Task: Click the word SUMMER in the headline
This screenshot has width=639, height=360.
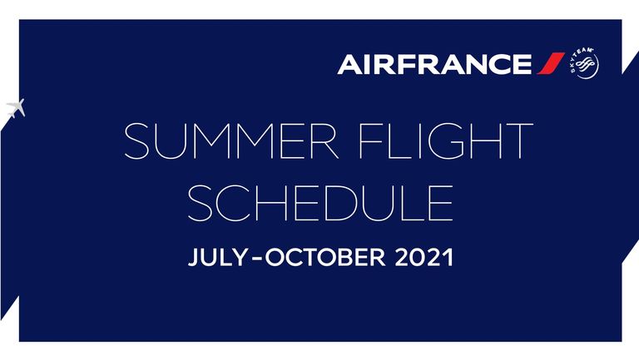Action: pos(231,141)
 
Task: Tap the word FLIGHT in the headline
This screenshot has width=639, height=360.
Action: pos(446,141)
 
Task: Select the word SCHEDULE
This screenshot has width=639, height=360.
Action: pos(320,203)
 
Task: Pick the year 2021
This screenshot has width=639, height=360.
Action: pos(424,258)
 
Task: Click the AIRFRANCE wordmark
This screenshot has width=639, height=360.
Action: pos(434,64)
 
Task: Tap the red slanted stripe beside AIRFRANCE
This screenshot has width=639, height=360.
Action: pos(551,63)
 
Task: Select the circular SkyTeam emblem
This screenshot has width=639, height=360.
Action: pos(584,63)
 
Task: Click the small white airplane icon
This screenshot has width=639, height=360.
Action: pos(16,108)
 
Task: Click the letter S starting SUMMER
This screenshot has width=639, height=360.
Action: pos(138,141)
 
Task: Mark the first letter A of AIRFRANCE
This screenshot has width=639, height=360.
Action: pos(351,64)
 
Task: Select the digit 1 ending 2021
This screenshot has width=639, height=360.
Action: pos(448,258)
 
